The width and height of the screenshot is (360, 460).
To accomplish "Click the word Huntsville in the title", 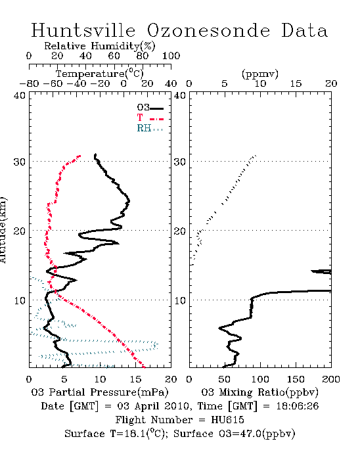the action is (83, 30).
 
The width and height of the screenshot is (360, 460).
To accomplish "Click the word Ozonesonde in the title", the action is (208, 30).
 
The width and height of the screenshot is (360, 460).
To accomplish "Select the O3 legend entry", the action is (150, 108).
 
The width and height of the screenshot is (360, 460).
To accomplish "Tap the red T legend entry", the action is (150, 118).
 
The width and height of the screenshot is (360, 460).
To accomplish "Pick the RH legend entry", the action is (150, 129).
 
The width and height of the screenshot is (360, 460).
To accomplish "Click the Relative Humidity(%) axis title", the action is (100, 47).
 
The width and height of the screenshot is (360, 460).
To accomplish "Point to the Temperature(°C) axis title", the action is (100, 74).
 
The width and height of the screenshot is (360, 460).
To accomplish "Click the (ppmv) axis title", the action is (260, 74).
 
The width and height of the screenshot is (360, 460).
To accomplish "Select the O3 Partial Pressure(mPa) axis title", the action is (100, 392).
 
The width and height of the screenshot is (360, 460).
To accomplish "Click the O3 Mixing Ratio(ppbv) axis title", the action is (259, 392).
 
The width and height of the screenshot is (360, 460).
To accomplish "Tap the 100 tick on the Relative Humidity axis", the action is (171, 56).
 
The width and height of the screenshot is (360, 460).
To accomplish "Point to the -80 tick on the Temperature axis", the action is (29, 84).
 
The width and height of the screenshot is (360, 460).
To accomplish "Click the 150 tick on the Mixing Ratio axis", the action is (296, 379).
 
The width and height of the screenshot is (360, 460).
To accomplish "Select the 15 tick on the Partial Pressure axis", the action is (135, 379).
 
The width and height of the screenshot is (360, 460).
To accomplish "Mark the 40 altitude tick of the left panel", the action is (20, 96).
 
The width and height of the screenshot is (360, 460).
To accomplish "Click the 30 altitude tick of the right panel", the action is (180, 162).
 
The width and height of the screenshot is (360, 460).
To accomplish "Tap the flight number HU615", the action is (227, 420).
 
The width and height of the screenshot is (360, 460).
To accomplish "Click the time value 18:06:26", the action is (298, 406).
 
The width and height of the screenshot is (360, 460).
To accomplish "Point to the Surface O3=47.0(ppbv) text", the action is (235, 434).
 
